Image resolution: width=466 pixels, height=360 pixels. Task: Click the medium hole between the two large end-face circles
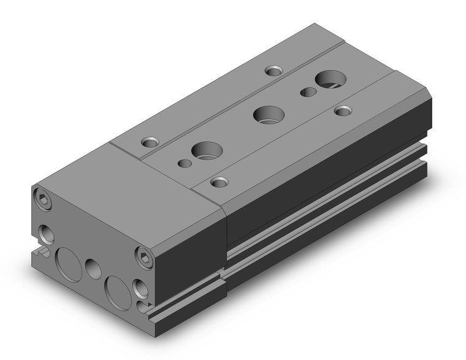(x=93, y=267)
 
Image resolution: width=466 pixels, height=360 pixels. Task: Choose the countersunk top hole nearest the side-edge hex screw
(x=218, y=182)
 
